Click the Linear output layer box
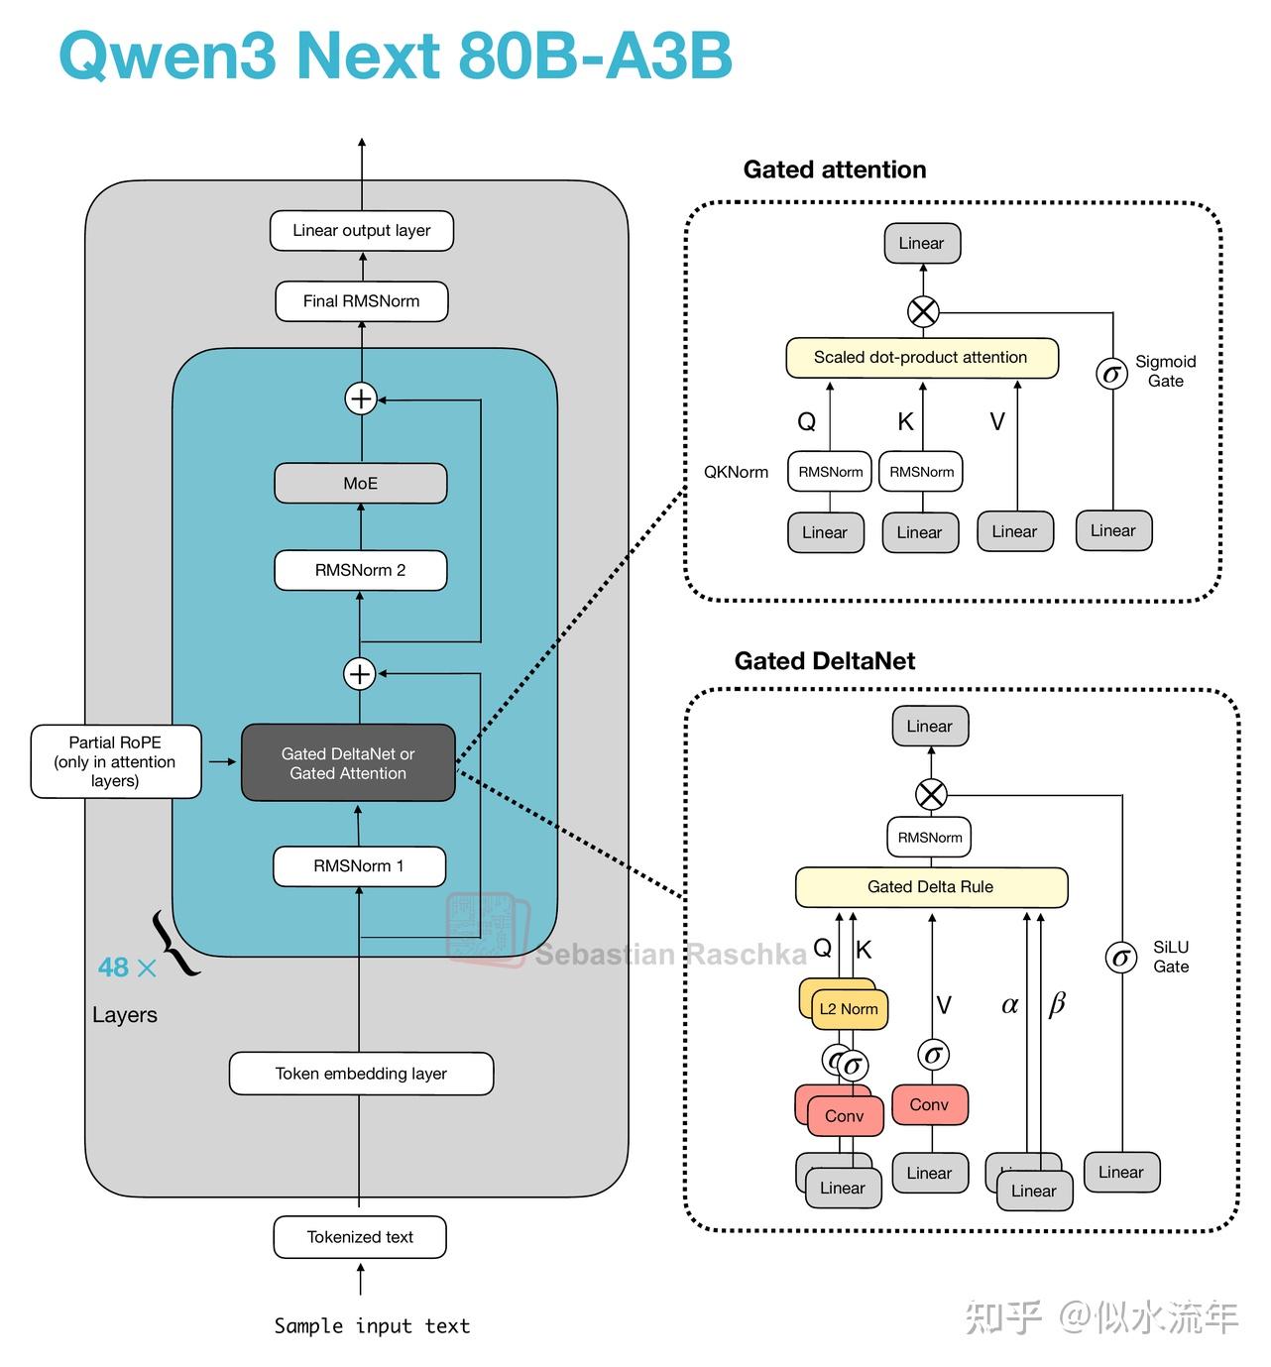(362, 231)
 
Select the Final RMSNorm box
(362, 301)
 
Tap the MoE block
(361, 484)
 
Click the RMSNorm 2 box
(361, 571)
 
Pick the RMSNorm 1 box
(359, 866)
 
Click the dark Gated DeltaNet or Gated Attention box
(348, 763)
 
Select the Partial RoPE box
(116, 761)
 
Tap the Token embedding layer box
(361, 1074)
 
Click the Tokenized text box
(360, 1237)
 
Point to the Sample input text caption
(372, 1326)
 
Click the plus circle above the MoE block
(361, 399)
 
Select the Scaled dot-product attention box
(921, 358)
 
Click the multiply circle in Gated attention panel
(923, 312)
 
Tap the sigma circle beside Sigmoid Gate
(1111, 374)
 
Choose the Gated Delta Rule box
(931, 887)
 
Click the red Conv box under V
(930, 1105)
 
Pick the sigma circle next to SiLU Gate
(1121, 958)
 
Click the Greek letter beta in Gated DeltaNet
(1057, 1005)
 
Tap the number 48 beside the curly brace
(113, 968)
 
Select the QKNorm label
(736, 472)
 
